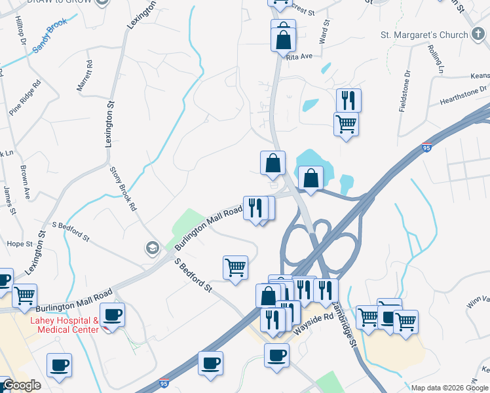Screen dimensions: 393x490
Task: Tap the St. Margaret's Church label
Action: pyautogui.click(x=423, y=35)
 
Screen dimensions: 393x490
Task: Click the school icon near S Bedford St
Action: pyautogui.click(x=152, y=248)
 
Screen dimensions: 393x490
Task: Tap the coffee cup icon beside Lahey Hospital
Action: pyautogui.click(x=112, y=314)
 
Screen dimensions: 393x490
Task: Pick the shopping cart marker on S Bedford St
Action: pyautogui.click(x=235, y=267)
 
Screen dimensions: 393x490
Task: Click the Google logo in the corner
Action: pyautogui.click(x=22, y=385)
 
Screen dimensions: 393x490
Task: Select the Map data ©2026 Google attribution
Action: pyautogui.click(x=449, y=388)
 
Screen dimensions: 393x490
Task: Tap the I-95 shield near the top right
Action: pyautogui.click(x=427, y=147)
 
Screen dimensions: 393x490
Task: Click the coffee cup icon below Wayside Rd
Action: pyautogui.click(x=276, y=356)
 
